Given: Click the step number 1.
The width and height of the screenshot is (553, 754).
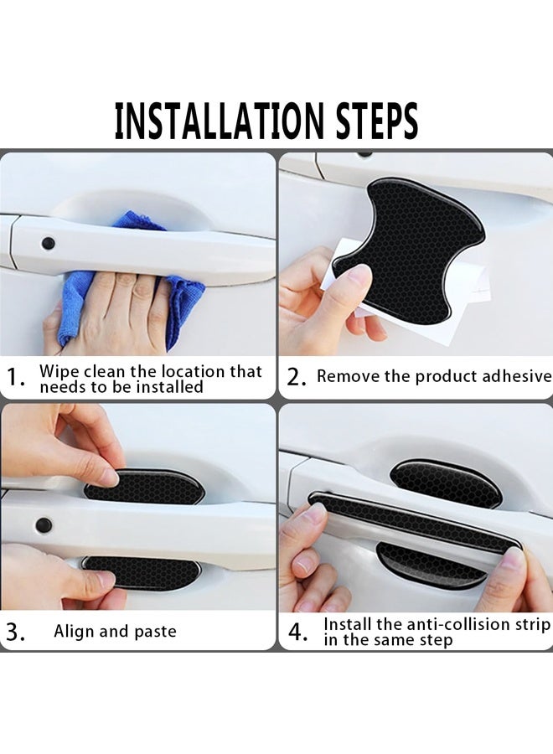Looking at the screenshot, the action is click(x=17, y=378).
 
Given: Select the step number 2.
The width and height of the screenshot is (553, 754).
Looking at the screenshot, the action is click(x=297, y=378).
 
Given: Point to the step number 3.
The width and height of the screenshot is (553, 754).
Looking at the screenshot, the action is click(x=15, y=632).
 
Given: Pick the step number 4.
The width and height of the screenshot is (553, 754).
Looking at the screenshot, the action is click(x=297, y=632).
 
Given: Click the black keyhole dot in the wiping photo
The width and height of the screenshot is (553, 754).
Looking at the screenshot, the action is click(x=48, y=243).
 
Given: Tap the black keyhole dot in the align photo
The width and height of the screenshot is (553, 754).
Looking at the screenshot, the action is click(x=44, y=525).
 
